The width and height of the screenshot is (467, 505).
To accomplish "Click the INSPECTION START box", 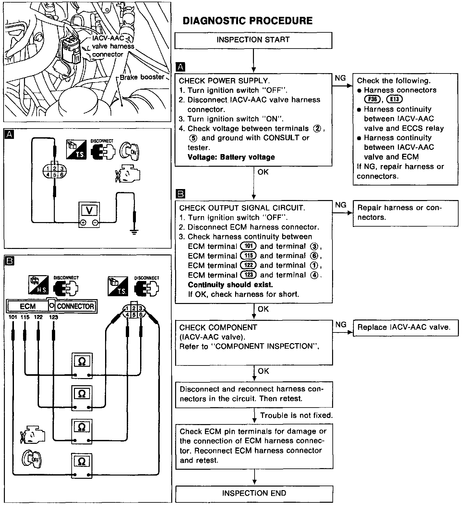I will point(253,40).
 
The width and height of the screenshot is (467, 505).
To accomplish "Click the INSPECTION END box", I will point(254,493).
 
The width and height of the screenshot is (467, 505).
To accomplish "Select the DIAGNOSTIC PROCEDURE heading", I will point(247,21).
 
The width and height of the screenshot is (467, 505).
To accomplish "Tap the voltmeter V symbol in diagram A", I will point(90,211).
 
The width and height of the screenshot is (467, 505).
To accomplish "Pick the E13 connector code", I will point(394,100).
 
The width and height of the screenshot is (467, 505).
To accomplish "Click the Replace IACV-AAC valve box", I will point(405,327).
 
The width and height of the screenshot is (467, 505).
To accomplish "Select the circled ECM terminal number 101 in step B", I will point(248,246).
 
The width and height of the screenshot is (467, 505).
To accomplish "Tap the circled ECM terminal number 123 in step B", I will point(248,275).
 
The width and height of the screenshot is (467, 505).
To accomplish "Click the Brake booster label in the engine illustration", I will point(142,77).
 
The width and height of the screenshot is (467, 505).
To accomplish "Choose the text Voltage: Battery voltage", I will point(231,157).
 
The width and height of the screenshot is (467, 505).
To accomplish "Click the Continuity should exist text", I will point(230,285).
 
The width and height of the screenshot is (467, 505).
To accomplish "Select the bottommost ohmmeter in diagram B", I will point(82,465).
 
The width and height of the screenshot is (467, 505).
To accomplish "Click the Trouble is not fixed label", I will point(296,415).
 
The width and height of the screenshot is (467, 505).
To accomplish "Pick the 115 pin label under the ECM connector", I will point(25,317).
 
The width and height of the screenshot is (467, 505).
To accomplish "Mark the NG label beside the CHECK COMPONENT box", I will point(341,325).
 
